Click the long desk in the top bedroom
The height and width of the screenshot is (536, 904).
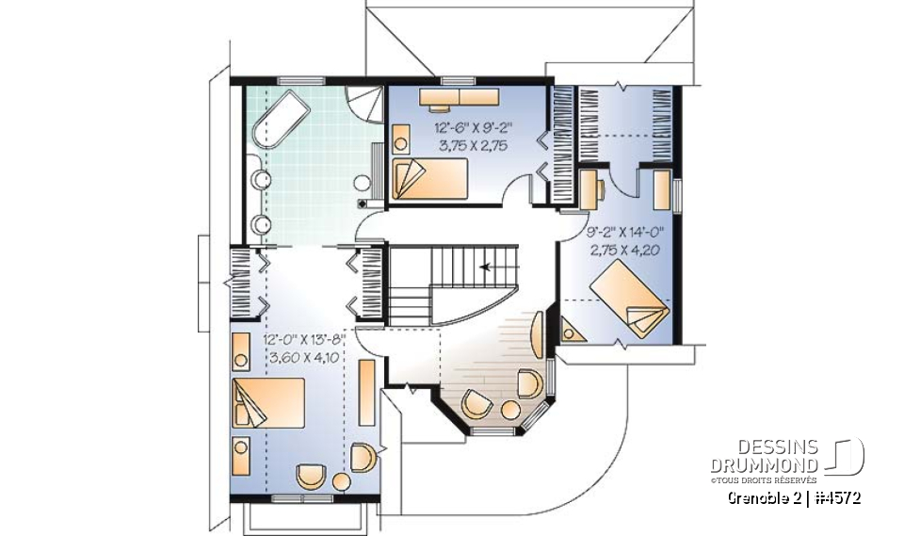click(460, 97)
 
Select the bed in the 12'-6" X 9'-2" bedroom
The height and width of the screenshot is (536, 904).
click(428, 178)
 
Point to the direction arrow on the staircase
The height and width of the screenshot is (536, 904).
click(487, 267)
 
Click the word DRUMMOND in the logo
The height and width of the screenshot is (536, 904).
click(764, 465)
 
